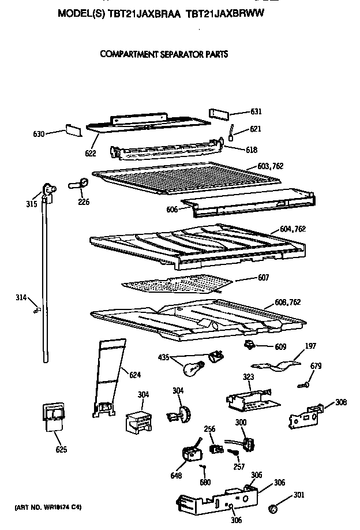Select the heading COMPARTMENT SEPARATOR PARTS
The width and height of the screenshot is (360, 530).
coord(164,55)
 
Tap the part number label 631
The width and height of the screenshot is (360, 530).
coord(256,111)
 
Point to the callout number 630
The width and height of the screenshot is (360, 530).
coord(38,135)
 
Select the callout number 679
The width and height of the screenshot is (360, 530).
coord(316,366)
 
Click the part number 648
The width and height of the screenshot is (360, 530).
coord(176,476)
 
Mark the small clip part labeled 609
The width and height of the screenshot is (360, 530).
coord(249,345)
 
